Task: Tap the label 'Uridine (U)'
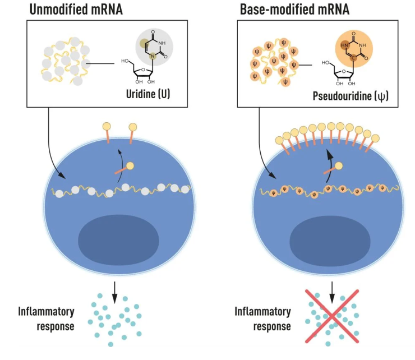click(149, 96)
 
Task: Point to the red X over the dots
click(333, 317)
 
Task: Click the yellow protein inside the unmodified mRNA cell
click(130, 166)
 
